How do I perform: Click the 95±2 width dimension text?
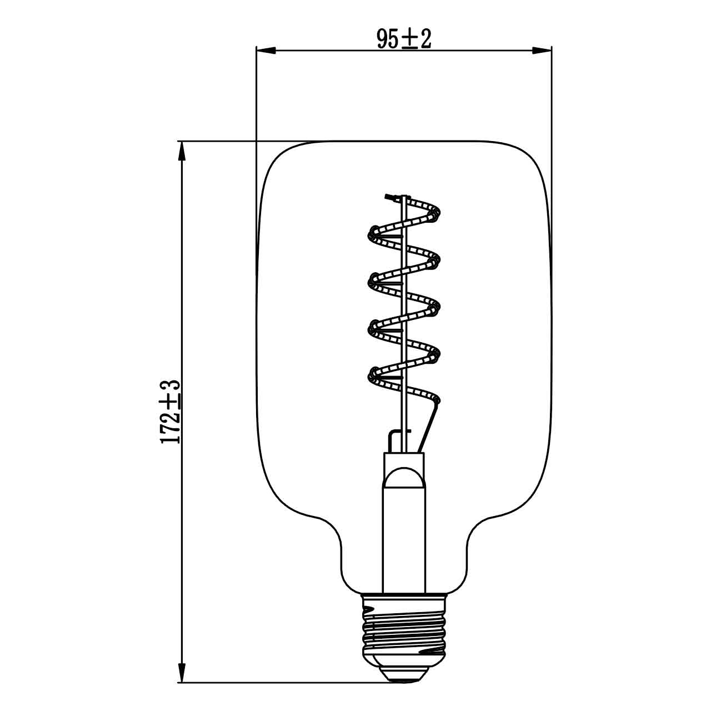pyautogui.click(x=404, y=39)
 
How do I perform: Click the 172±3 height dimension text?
pyautogui.click(x=171, y=412)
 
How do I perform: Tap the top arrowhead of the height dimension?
pyautogui.click(x=181, y=151)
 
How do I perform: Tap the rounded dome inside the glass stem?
pyautogui.click(x=404, y=478)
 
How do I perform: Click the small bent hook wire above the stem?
pyautogui.click(x=394, y=436)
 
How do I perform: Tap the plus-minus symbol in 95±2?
pyautogui.click(x=409, y=39)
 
